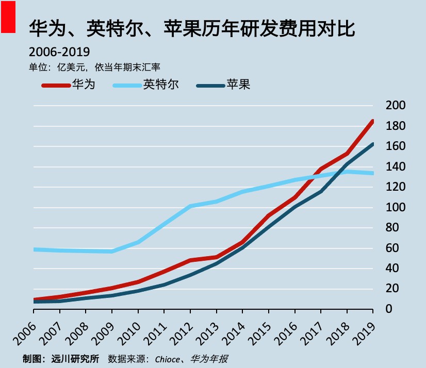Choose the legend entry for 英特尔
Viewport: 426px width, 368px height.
146,85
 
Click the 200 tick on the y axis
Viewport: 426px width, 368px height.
396,106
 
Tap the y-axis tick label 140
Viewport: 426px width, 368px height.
396,167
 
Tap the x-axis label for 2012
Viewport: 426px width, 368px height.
181,334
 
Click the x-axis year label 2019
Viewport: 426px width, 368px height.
364,334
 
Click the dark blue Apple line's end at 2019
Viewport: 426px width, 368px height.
372,145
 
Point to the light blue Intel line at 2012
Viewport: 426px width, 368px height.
190,206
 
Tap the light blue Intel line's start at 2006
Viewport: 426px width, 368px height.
34,249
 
